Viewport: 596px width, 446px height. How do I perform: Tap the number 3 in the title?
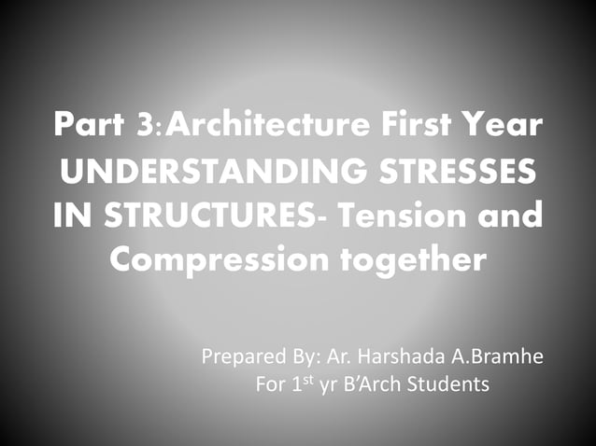coord(148,125)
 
